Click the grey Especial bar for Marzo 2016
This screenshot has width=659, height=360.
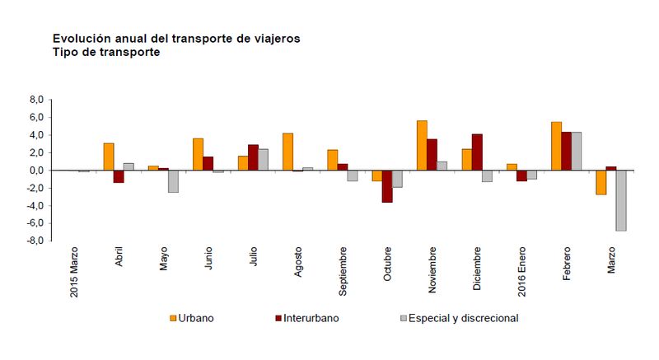[x=621, y=200]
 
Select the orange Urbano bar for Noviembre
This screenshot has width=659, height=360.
[x=422, y=146]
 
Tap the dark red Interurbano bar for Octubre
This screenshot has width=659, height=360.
[x=386, y=186]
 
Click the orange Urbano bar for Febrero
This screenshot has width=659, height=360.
[x=556, y=146]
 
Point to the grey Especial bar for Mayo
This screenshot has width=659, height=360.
[x=173, y=181]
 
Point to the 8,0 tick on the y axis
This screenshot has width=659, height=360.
[x=35, y=100]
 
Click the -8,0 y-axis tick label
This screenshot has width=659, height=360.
[x=34, y=241]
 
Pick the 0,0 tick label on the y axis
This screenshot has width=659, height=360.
[x=35, y=171]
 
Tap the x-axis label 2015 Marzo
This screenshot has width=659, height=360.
[x=73, y=271]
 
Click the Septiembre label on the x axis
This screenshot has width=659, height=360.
[x=343, y=269]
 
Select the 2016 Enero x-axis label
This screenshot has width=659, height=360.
[x=521, y=270]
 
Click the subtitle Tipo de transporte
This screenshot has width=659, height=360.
[x=106, y=52]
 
